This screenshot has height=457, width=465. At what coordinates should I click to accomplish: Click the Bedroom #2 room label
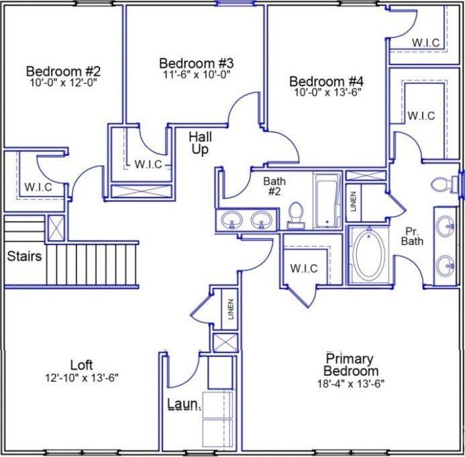(x=63, y=71)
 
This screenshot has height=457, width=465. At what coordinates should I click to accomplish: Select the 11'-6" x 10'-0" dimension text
(x=196, y=75)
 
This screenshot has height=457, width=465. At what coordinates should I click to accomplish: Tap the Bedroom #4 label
(x=327, y=82)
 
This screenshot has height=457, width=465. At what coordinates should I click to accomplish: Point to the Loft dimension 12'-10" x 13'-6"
(x=81, y=377)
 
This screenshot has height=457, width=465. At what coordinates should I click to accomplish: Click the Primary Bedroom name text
(x=350, y=365)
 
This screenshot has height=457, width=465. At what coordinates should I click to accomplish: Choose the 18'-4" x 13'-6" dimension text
(x=350, y=383)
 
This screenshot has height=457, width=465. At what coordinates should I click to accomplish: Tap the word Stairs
(x=24, y=256)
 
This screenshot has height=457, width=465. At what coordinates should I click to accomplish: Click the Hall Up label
(x=200, y=143)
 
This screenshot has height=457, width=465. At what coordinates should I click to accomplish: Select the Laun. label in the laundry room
(x=183, y=405)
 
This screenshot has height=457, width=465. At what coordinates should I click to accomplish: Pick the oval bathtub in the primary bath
(x=369, y=255)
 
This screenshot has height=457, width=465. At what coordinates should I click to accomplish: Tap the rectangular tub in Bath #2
(x=327, y=200)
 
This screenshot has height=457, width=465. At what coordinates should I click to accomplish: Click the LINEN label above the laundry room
(x=230, y=309)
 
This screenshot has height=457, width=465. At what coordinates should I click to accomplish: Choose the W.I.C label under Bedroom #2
(x=38, y=187)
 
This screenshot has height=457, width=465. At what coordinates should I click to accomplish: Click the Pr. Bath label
(x=413, y=236)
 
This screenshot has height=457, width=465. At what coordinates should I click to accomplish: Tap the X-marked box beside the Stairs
(x=56, y=227)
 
